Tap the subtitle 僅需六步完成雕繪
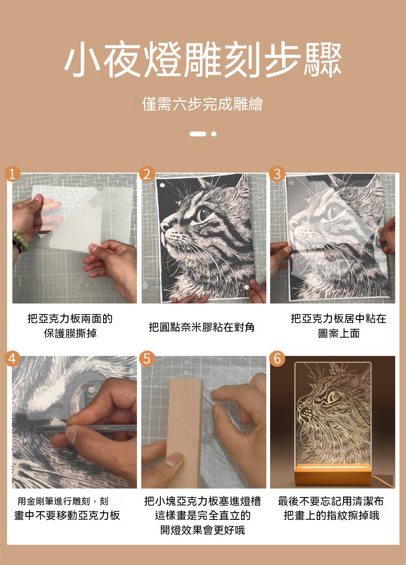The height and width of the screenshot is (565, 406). (202, 104)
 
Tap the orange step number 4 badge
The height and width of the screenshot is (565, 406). (12, 359)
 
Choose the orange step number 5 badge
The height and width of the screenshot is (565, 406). (147, 359)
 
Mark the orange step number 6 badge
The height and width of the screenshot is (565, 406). (277, 359)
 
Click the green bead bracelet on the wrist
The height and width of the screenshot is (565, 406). (20, 241)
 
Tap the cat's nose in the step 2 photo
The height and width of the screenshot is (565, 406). (165, 226)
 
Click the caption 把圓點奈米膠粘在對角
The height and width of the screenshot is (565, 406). (201, 327)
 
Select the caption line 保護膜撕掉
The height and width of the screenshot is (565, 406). (71, 333)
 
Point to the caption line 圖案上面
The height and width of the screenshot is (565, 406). (339, 333)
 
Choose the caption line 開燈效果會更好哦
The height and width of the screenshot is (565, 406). (202, 530)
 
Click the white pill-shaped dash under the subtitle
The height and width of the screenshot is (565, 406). (198, 134)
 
